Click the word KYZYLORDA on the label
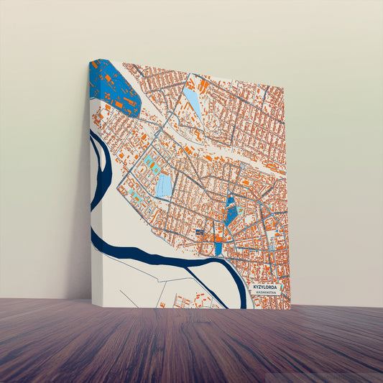(x=267, y=287)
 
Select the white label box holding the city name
(x=268, y=290)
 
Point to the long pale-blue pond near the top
(x=193, y=102)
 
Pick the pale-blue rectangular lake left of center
(x=164, y=185)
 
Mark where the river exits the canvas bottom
(x=242, y=305)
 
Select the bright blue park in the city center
(x=231, y=211)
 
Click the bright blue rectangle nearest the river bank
(x=218, y=249)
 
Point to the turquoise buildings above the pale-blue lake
(x=150, y=165)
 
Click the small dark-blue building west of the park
(x=199, y=232)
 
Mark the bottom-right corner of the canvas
(x=290, y=309)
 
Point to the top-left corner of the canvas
(x=91, y=60)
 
